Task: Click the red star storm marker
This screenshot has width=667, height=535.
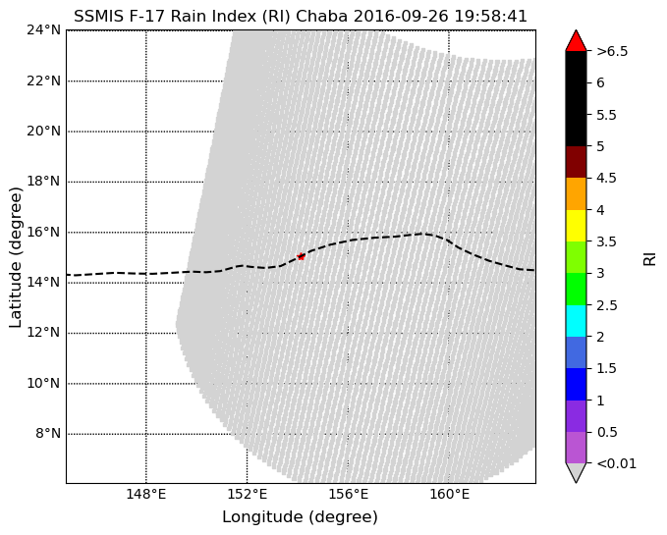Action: point(301,256)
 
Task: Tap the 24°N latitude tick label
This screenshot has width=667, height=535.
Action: point(43,29)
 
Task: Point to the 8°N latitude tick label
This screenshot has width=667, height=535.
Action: point(47,433)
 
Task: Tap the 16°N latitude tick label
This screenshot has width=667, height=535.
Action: point(43,232)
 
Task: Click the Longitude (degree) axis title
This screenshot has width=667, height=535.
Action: point(300,517)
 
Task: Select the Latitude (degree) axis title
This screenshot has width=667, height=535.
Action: point(16,257)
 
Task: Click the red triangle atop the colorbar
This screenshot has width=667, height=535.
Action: point(576,40)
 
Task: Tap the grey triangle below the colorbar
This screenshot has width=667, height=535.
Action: point(576,472)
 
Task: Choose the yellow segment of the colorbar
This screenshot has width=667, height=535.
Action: point(576,225)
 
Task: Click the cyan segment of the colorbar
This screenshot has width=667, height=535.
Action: point(576,320)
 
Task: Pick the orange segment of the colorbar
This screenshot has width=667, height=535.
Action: point(576,193)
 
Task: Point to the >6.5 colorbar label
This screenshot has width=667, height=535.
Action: point(612,51)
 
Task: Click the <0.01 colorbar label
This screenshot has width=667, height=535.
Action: point(617,463)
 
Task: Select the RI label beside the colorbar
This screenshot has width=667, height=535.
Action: point(649,257)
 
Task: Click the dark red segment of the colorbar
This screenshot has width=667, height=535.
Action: point(576,162)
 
